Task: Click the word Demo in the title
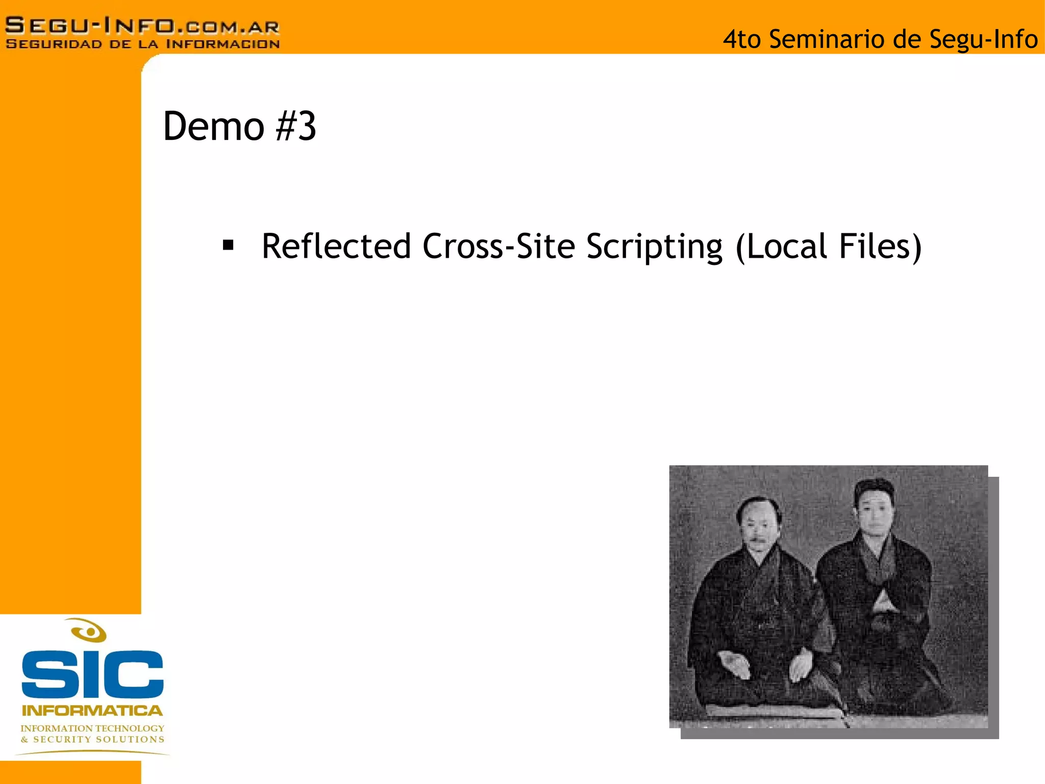pos(213,126)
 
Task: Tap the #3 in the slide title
pos(296,126)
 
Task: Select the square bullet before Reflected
pos(228,246)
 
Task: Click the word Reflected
pos(336,247)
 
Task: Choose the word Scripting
pos(654,248)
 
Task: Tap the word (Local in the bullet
pos(781,247)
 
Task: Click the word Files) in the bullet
pos(881,247)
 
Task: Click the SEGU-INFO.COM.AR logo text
pos(142,25)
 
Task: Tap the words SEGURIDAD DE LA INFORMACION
pos(142,44)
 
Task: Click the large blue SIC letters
pos(92,674)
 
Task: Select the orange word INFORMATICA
pos(92,710)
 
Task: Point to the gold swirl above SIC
pos(89,631)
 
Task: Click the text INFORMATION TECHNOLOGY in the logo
pos(92,728)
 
